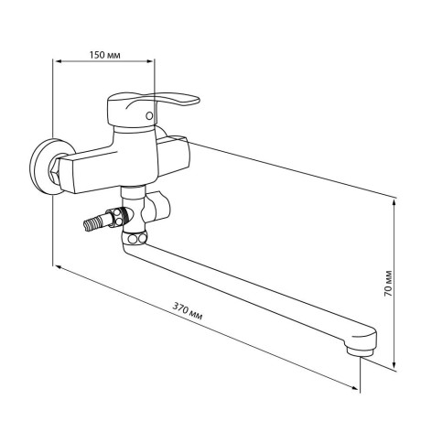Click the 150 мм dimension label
coord(104,55)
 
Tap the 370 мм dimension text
coord(188,311)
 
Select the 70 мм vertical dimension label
coord(388,283)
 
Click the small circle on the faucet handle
coord(149,116)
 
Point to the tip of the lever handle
coord(198,100)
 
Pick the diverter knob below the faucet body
coord(158,207)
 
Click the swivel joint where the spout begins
coord(135,238)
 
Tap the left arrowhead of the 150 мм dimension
coord(56,61)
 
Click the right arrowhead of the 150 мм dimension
coord(151,61)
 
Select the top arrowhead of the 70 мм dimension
coord(394,202)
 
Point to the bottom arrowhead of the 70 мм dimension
coord(394,364)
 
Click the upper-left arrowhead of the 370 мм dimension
coord(58,267)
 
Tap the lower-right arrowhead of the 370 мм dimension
coord(355,388)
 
